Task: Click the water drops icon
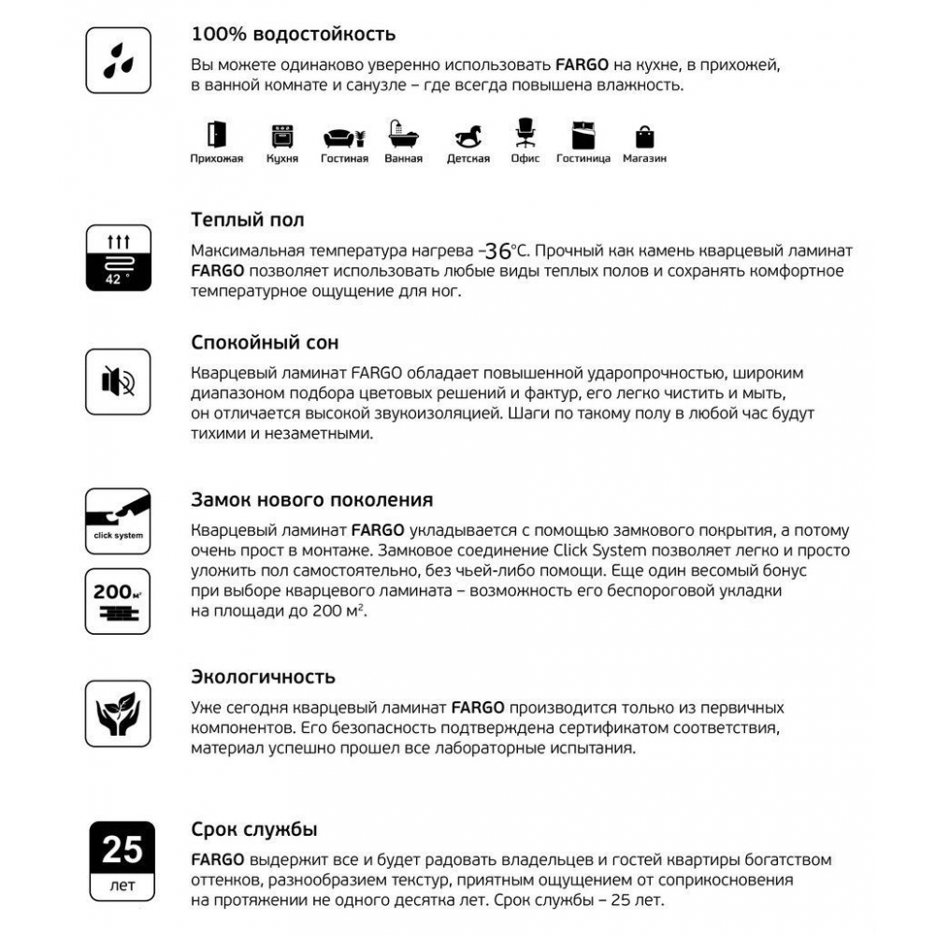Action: (118, 60)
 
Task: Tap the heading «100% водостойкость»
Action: (293, 35)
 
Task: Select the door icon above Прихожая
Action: (217, 135)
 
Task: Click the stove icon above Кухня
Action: (281, 137)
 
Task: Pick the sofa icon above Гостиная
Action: (343, 137)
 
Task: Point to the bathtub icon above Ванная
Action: (403, 136)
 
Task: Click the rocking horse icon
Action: (467, 137)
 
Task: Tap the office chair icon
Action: (525, 133)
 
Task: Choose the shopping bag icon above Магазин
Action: (645, 137)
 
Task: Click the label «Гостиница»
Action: (583, 159)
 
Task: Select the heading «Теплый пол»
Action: (247, 221)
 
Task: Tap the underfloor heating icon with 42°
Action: (118, 257)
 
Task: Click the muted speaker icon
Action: (118, 381)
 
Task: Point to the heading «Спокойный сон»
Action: (265, 342)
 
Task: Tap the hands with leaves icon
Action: (118, 712)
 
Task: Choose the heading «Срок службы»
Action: (253, 829)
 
